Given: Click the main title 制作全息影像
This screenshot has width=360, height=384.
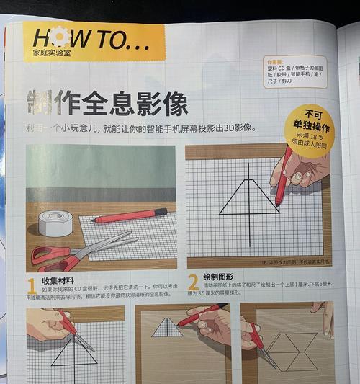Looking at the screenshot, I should pos(108,103).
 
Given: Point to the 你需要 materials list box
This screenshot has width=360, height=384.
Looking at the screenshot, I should pos(294,72).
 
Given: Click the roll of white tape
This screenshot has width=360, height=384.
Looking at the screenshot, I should pos(55,223).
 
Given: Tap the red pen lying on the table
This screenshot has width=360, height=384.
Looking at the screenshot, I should pos(130,215).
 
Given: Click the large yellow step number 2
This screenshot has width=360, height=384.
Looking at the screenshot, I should pos(193,282).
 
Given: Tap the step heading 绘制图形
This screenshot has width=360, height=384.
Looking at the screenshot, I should pos(220,277).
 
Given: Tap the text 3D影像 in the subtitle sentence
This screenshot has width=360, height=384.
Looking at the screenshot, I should pos(237,129).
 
